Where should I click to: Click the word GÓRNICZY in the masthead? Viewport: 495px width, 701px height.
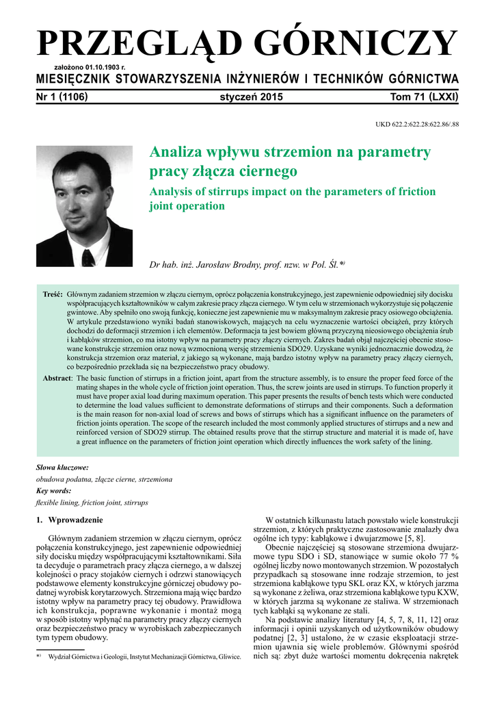pyautogui.click(x=362, y=44)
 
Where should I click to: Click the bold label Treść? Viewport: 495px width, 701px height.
pyautogui.click(x=53, y=294)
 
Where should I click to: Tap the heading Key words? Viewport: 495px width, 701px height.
pyautogui.click(x=53, y=491)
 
